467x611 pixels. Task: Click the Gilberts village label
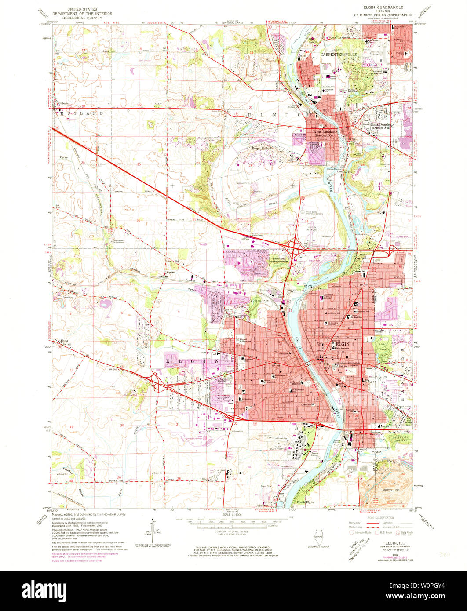(63, 104)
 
